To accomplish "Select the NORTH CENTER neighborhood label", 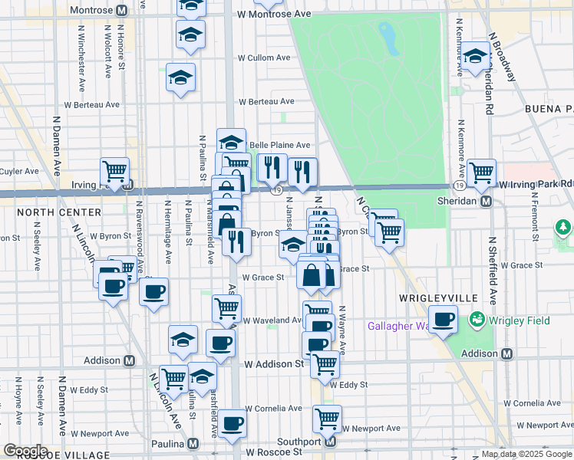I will (x=58, y=212).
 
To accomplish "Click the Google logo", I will (x=25, y=451).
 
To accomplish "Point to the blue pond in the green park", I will (x=389, y=38).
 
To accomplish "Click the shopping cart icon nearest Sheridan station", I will (x=481, y=174).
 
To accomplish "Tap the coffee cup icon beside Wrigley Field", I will (x=442, y=318).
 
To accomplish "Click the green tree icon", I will (x=564, y=227).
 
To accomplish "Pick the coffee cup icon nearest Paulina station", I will (x=231, y=422).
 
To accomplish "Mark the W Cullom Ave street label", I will (x=264, y=58).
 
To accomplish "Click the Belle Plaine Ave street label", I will (x=279, y=145).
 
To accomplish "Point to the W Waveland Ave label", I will (x=272, y=320).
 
